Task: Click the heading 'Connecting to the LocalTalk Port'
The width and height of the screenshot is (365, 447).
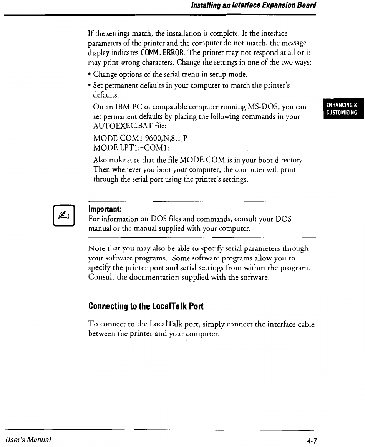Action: (146, 306)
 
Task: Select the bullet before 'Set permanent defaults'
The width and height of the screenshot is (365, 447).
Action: (90, 86)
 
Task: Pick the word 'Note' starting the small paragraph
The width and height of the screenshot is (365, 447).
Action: (96, 248)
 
